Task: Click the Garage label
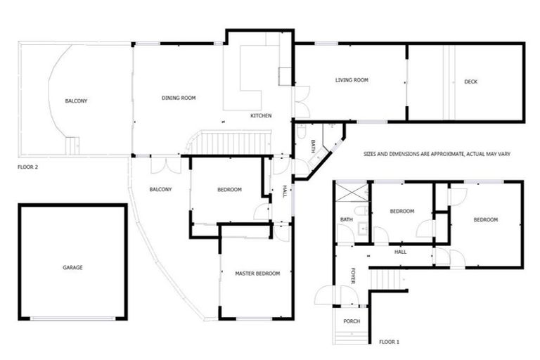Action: point(72,268)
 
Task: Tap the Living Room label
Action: point(352,81)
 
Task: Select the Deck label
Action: point(470,82)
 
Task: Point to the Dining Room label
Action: point(179,98)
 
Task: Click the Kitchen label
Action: point(261,116)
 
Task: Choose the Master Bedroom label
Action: point(257,274)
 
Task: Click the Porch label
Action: point(351,321)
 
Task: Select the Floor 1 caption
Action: point(389,342)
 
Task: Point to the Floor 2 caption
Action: point(27,168)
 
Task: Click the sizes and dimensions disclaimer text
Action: point(437,153)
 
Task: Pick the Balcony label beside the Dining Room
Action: point(76,101)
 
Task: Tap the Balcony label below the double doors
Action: point(160,189)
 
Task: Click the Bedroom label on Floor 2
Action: point(229,190)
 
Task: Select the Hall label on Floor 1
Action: point(400,252)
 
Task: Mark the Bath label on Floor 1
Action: point(346,220)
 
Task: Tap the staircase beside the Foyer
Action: point(387,280)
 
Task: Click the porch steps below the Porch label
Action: point(350,336)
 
